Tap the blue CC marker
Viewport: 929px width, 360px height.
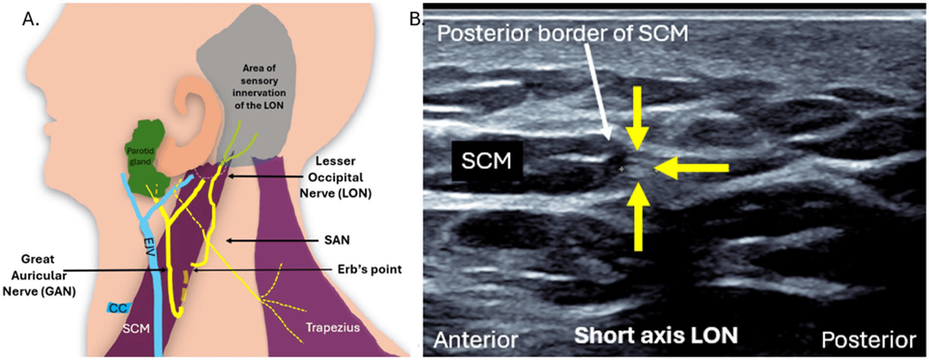point(118,308)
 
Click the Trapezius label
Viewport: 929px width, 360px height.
point(333,327)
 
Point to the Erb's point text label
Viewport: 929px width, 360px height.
point(370,270)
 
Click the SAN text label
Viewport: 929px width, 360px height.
point(337,240)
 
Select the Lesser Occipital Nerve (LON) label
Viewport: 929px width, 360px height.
point(335,177)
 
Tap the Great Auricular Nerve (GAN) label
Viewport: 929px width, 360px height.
point(39,275)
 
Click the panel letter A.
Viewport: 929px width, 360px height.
point(30,19)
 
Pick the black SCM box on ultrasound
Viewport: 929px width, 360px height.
point(486,161)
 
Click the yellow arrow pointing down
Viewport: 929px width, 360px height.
point(637,117)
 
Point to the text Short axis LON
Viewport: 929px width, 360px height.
point(656,336)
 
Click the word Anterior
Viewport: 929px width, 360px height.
point(475,340)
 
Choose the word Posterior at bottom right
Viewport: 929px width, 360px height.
point(868,340)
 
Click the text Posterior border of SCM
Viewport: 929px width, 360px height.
point(562,33)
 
